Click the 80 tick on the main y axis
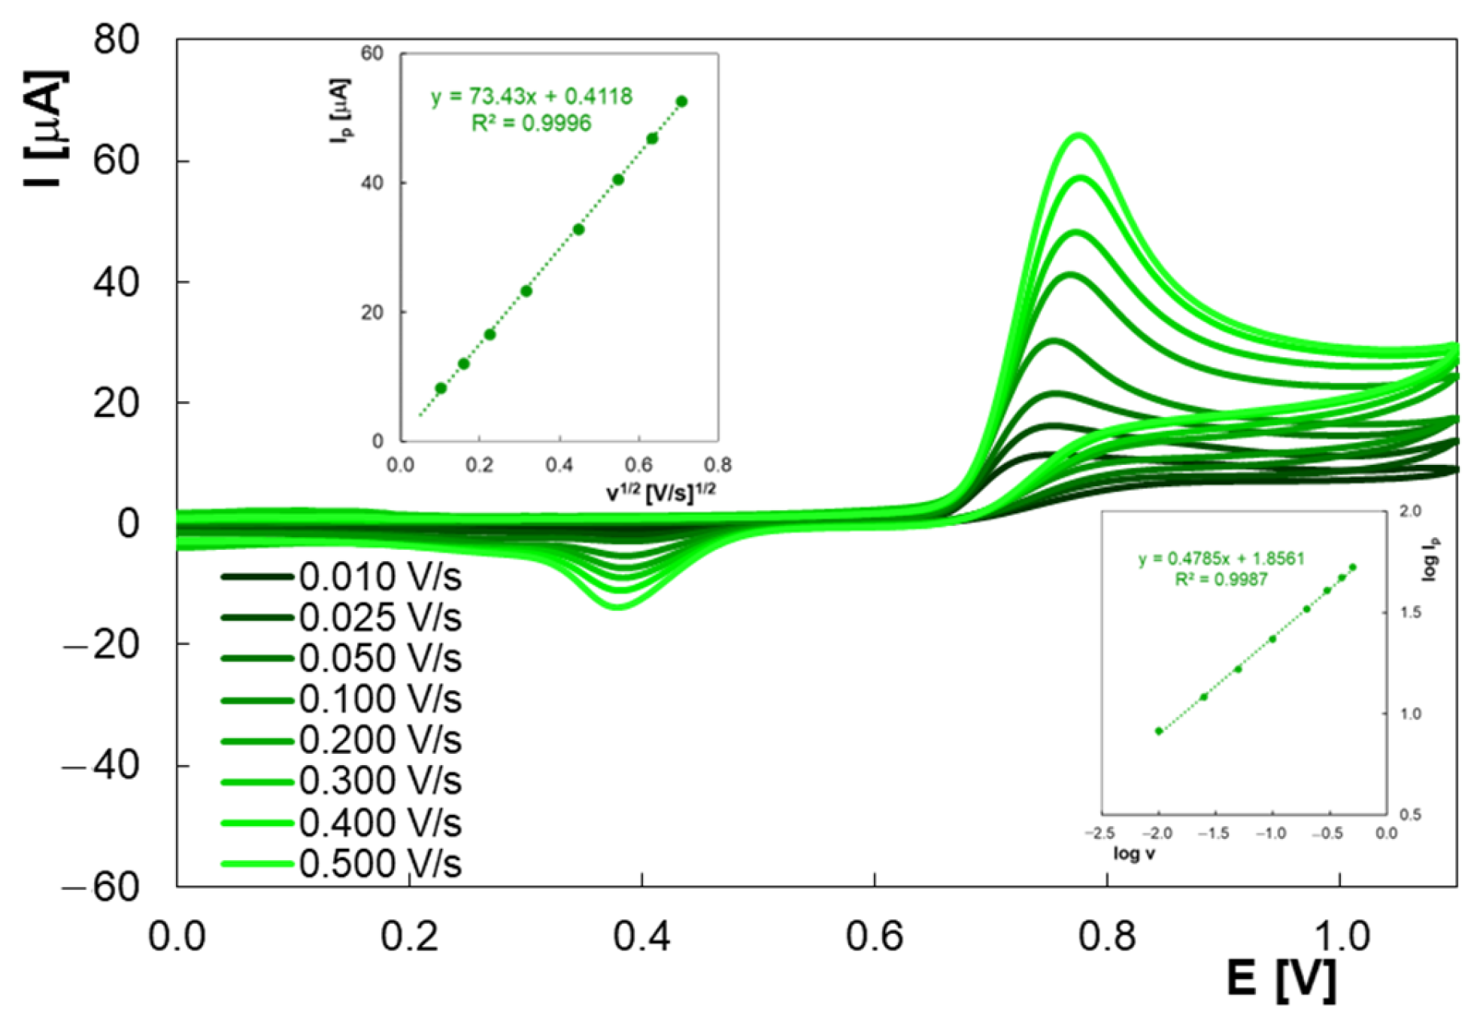(116, 39)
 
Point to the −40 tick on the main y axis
(102, 766)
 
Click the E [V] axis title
(1281, 979)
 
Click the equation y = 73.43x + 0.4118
(531, 96)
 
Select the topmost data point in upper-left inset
(681, 102)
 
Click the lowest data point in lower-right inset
(1159, 731)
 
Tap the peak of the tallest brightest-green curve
(1080, 135)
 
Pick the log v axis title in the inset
(1133, 854)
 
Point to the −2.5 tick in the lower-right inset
(1099, 833)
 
